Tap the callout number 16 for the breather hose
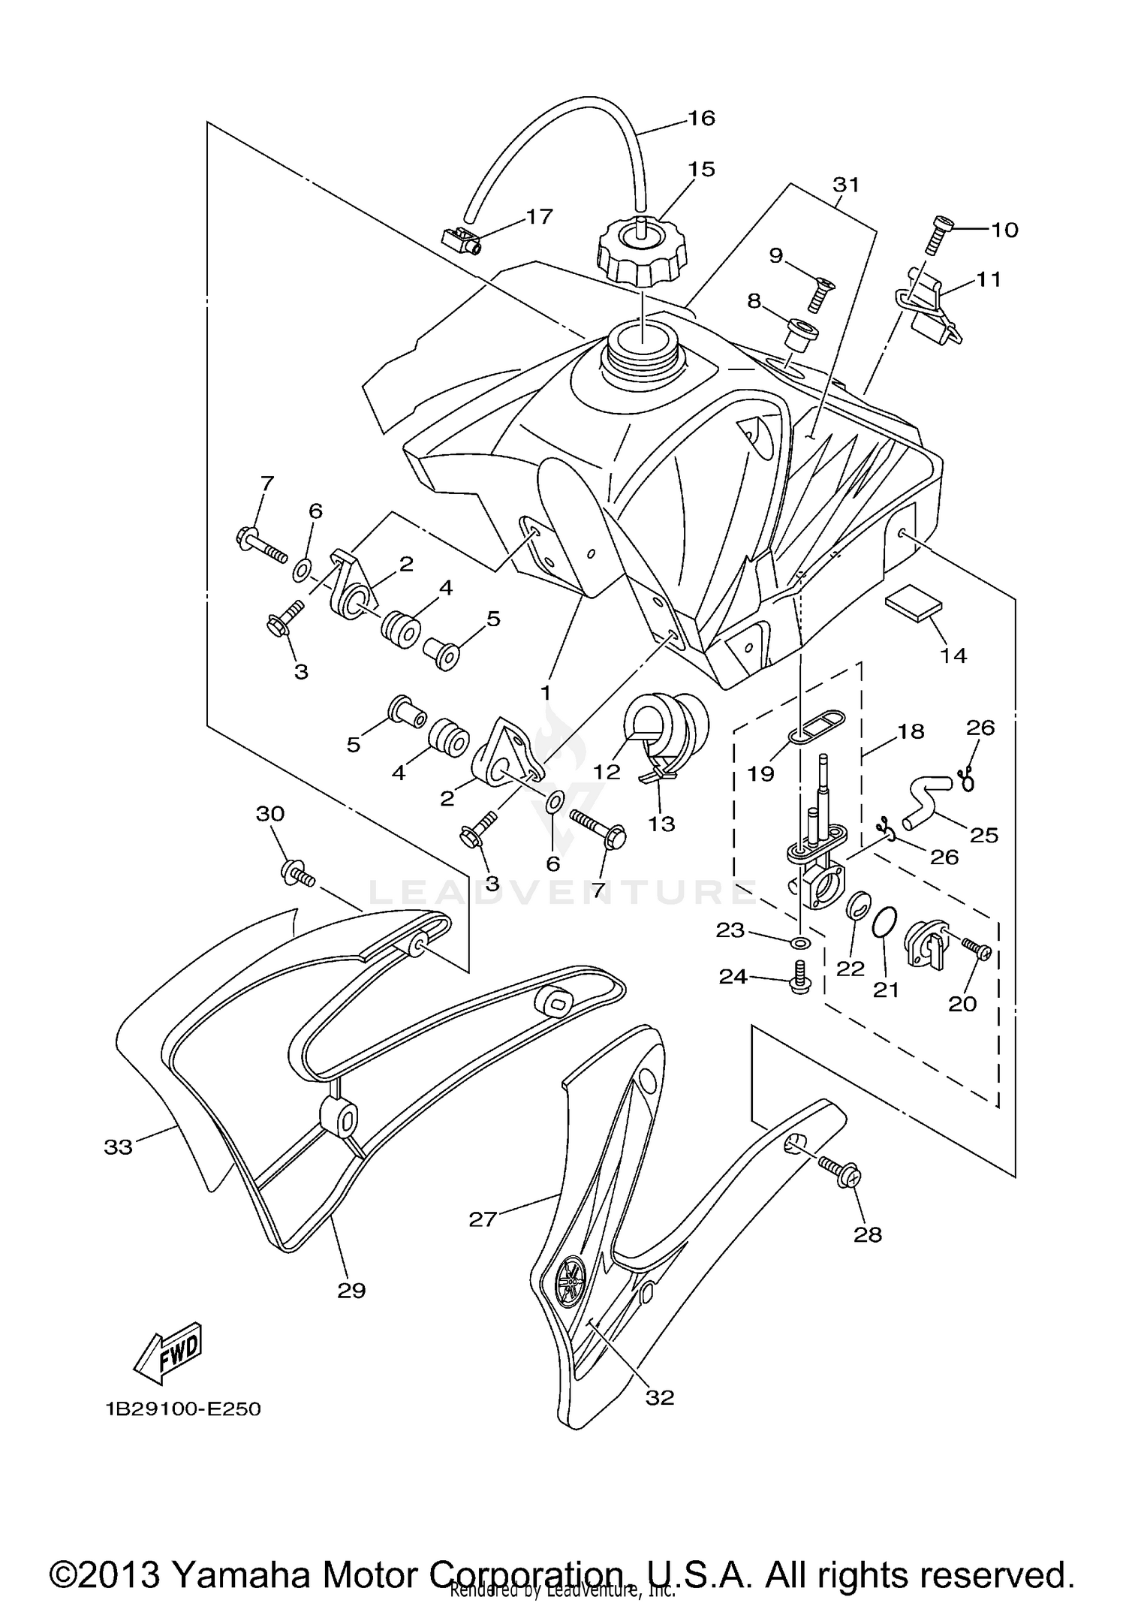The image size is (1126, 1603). pyautogui.click(x=702, y=118)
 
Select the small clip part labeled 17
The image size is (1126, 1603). pyautogui.click(x=459, y=240)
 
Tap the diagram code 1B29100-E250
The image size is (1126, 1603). pyautogui.click(x=183, y=1409)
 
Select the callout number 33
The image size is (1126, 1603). pyautogui.click(x=119, y=1147)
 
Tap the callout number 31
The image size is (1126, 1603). pyautogui.click(x=846, y=184)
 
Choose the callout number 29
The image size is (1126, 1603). pyautogui.click(x=351, y=1290)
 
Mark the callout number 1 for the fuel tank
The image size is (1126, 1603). pyautogui.click(x=546, y=692)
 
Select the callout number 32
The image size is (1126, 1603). pyautogui.click(x=660, y=1397)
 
